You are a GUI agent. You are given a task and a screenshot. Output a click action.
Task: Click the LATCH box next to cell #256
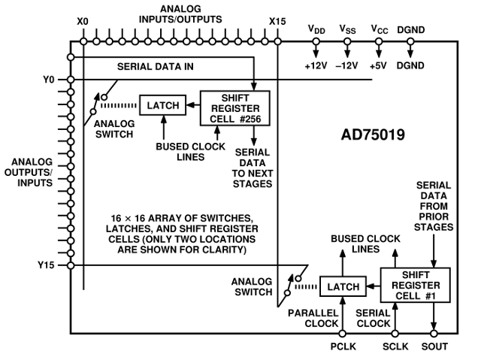click(162, 105)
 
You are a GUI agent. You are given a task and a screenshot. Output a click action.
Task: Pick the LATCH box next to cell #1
click(342, 286)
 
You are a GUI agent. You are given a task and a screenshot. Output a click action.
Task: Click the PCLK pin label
click(342, 346)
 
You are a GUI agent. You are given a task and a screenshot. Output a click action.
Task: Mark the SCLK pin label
click(395, 346)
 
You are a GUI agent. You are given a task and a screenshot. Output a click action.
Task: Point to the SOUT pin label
click(435, 346)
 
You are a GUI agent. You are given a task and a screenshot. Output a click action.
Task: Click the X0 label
click(83, 22)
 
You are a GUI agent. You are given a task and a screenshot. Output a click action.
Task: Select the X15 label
click(277, 22)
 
